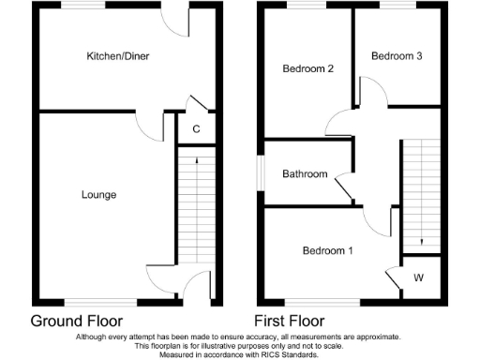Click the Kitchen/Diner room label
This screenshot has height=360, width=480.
coord(118,56)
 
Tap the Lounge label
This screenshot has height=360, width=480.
coord(98,195)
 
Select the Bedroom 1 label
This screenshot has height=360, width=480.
coord(327,250)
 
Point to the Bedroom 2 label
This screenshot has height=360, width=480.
coord(308,68)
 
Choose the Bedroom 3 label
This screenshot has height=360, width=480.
coord(397,56)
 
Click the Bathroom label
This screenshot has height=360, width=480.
coord(306,174)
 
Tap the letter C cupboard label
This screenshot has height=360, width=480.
coord(196,128)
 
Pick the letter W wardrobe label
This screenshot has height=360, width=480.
coord(418,277)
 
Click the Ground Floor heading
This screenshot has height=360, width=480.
coord(77,320)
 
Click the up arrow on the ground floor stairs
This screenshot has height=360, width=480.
coord(196,163)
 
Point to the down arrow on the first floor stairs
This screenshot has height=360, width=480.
coord(421,241)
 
